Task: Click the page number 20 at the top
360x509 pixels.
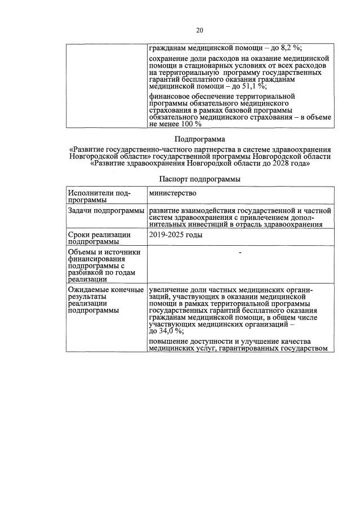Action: point(199,30)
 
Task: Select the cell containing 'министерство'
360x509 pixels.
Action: point(172,194)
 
